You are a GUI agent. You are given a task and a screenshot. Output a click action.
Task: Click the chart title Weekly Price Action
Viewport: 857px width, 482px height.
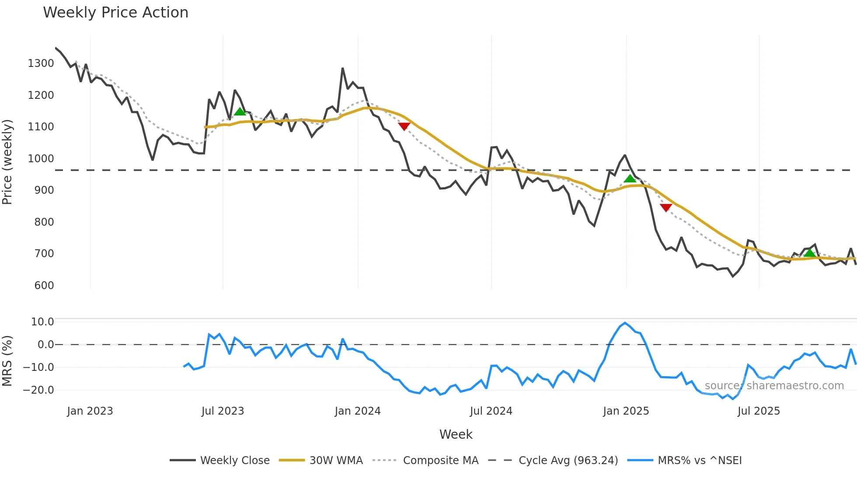(x=115, y=13)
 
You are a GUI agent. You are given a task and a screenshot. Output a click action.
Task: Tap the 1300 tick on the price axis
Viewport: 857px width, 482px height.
(x=41, y=63)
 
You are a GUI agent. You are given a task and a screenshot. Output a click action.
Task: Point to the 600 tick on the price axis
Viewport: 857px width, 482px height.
(x=44, y=286)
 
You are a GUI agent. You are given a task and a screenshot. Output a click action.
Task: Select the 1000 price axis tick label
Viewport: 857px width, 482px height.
(x=41, y=159)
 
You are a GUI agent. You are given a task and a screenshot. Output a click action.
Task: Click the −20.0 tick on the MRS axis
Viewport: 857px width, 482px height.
(x=38, y=390)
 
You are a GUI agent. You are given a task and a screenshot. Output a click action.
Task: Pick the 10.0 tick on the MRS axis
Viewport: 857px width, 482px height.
(x=42, y=322)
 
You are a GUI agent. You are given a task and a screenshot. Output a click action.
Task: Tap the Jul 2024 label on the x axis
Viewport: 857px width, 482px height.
(x=491, y=411)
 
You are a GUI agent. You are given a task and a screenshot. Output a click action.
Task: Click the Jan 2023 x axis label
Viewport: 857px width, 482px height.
(x=90, y=411)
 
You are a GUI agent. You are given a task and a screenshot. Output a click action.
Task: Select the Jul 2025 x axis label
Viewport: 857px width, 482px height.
(x=759, y=411)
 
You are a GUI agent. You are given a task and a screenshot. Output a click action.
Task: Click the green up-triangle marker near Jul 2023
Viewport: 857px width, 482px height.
(x=240, y=112)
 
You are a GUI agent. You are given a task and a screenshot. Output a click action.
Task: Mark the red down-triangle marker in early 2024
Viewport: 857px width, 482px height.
(x=404, y=126)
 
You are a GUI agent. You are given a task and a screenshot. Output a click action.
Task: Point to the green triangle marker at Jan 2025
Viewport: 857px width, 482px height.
(x=630, y=178)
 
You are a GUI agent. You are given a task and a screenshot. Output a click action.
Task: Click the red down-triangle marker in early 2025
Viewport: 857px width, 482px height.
(x=666, y=208)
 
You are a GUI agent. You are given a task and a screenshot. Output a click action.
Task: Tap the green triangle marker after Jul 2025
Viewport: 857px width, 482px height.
(x=810, y=253)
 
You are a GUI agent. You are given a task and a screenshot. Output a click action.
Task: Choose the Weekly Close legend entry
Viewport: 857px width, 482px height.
(x=235, y=461)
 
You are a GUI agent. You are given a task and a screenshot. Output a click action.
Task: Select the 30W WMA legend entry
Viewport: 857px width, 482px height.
(x=336, y=461)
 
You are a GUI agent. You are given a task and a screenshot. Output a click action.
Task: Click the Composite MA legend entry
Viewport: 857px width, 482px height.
(x=440, y=461)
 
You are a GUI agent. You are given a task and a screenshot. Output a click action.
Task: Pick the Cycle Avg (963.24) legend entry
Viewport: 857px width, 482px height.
(x=568, y=461)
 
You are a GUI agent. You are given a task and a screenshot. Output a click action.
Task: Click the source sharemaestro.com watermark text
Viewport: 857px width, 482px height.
(x=774, y=386)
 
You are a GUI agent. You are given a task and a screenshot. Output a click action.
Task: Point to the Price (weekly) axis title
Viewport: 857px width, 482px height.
(x=7, y=162)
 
